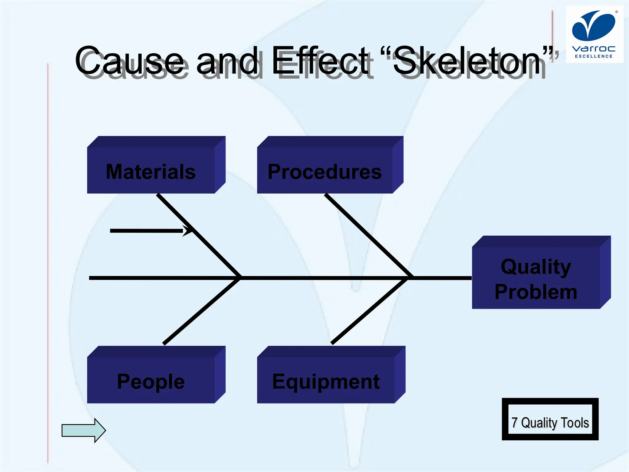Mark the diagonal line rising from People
point(201,311)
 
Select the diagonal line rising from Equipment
point(369,311)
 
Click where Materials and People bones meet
point(240,278)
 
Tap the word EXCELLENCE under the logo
point(594,56)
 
